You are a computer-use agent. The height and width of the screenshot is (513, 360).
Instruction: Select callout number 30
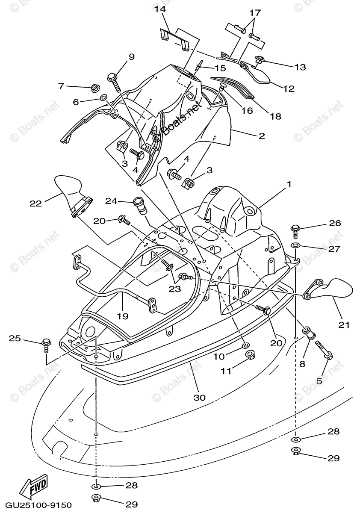pyautogui.click(x=199, y=397)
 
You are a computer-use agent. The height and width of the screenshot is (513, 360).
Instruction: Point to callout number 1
pyautogui.click(x=289, y=184)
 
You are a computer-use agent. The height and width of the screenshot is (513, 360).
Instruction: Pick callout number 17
pyautogui.click(x=255, y=13)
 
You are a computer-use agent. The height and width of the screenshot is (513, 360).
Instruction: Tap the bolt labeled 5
pyautogui.click(x=324, y=349)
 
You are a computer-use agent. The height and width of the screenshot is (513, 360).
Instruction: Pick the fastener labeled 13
pyautogui.click(x=259, y=61)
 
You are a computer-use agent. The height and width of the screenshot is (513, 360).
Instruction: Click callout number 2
pyautogui.click(x=261, y=136)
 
